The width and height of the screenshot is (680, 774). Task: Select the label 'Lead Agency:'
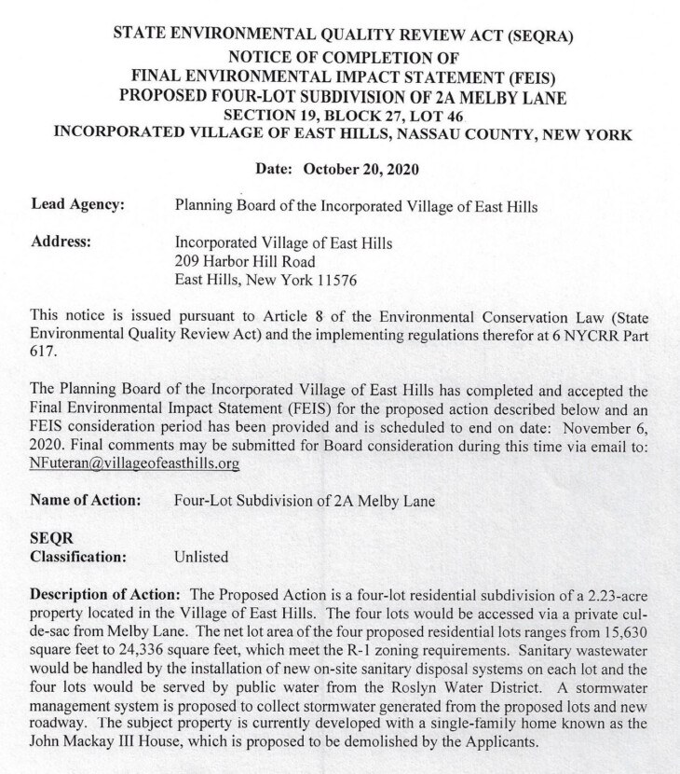coord(78,204)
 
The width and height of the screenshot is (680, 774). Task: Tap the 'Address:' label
coord(61,242)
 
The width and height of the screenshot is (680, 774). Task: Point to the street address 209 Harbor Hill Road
coord(245,261)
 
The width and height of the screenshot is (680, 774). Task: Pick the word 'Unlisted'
coord(202,557)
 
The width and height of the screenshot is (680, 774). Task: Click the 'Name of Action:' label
coord(86,500)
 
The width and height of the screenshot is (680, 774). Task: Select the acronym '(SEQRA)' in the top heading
coord(539,36)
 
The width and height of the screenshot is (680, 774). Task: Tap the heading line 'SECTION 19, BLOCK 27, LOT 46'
coord(342,115)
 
